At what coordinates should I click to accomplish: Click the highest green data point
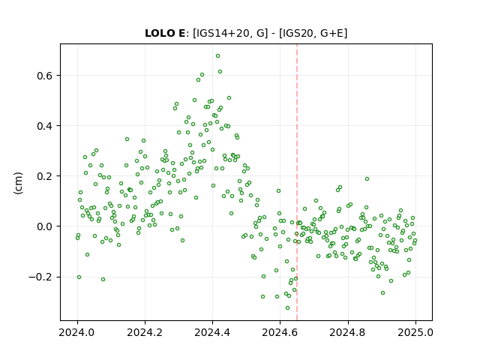(217, 56)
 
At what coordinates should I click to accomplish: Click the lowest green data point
(287, 308)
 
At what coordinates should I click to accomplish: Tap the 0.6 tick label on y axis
(45, 76)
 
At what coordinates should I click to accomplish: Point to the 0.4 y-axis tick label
(45, 126)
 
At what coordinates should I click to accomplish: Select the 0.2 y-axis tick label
(45, 176)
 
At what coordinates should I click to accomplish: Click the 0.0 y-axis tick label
(45, 226)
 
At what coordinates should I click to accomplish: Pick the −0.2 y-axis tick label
(40, 277)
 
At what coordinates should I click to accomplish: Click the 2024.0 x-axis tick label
(77, 332)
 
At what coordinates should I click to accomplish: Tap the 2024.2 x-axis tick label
(145, 332)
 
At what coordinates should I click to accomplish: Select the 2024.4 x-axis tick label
(212, 332)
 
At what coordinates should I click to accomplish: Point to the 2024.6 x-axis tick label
(280, 332)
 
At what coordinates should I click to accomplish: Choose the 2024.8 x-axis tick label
(348, 332)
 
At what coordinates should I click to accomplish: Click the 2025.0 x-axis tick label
(415, 332)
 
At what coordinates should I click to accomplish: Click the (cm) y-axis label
(18, 183)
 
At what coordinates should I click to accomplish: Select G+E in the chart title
(331, 33)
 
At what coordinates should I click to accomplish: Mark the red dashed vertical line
(297, 182)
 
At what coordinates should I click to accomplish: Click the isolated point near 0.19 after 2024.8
(367, 178)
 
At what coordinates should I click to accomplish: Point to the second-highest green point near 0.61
(220, 72)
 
